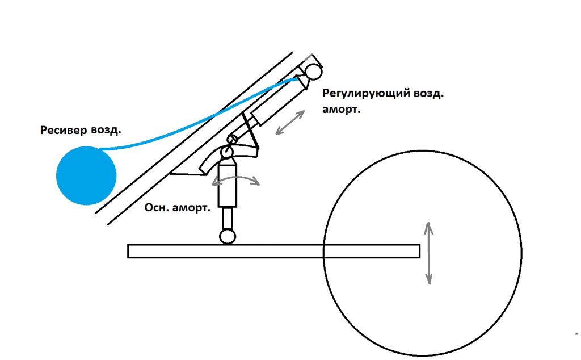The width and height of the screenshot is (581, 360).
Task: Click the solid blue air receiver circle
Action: click(86, 175)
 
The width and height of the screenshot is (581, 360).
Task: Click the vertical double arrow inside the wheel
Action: click(429, 253)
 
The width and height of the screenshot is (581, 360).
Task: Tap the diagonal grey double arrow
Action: click(290, 122)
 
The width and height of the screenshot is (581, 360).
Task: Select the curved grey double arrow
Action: click(235, 180)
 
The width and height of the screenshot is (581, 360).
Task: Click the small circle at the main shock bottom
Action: click(228, 237)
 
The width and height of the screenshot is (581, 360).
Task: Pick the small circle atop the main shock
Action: click(226, 152)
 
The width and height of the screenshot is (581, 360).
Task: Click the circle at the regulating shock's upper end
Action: click(313, 72)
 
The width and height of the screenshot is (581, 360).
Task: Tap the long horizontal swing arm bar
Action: click(274, 251)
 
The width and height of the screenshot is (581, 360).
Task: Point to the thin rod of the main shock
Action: click(228, 219)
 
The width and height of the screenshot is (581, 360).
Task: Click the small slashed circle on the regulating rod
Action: click(233, 140)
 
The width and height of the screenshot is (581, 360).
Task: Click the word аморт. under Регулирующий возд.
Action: click(341, 110)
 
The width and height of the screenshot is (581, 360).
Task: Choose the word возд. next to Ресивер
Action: click(105, 131)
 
